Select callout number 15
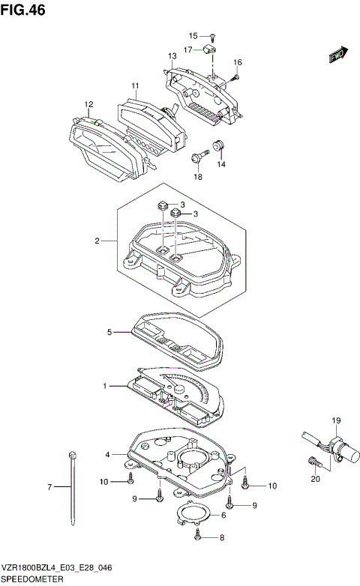coord(193,36)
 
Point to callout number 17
coord(188,49)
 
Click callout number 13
coord(172,56)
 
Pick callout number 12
coord(88,104)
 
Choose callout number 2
coord(97,241)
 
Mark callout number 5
coord(109,331)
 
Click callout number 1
coord(106,386)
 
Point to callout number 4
coord(108,454)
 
